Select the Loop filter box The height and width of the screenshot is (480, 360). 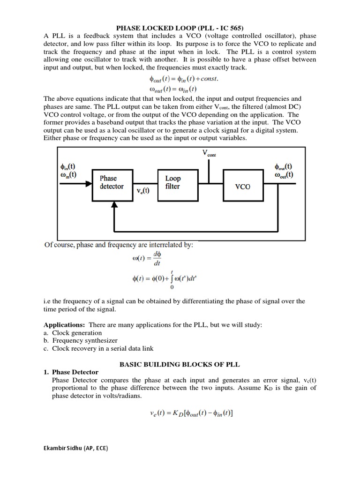point(173,182)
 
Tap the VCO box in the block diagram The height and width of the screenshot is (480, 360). point(242,186)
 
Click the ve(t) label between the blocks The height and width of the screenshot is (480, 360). point(142,191)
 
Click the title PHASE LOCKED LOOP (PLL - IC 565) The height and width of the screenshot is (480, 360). point(180,28)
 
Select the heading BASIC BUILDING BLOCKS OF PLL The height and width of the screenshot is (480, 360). point(180,364)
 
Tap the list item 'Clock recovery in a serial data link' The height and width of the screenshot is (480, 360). point(103,348)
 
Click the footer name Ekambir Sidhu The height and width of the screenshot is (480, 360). point(75,448)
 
